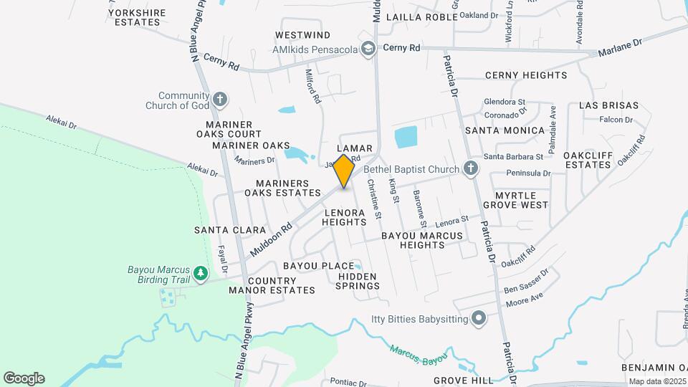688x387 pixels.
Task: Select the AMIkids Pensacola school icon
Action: [x=368, y=49]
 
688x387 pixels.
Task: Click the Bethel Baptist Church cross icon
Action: [x=470, y=169]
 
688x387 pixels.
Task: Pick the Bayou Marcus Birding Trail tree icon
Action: [x=202, y=272]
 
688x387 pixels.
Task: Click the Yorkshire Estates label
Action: [x=136, y=17]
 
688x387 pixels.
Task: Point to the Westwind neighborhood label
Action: [x=302, y=35]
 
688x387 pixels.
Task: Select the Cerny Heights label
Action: [x=526, y=75]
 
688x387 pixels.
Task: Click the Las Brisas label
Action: [x=604, y=105]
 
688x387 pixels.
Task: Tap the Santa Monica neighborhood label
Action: [x=505, y=130]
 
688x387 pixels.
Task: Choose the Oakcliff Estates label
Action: [x=586, y=160]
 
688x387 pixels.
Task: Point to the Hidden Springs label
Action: [x=358, y=281]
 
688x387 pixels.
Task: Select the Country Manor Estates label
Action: [x=272, y=285]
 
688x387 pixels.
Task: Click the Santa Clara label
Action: [x=220, y=230]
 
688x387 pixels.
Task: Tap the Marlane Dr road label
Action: [x=621, y=47]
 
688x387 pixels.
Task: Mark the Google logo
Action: [x=24, y=378]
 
